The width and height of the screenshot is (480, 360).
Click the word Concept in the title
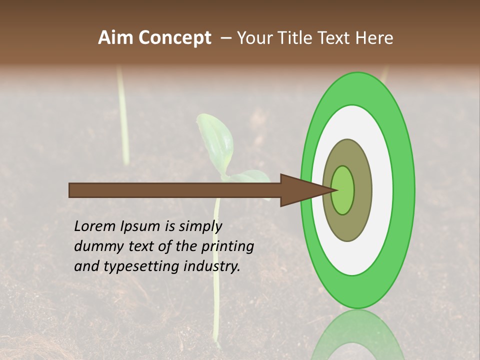click(x=174, y=37)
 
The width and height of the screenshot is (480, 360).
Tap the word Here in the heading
click(x=374, y=37)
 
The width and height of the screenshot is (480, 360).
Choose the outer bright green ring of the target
click(x=404, y=190)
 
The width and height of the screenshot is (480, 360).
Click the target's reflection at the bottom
click(x=357, y=335)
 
